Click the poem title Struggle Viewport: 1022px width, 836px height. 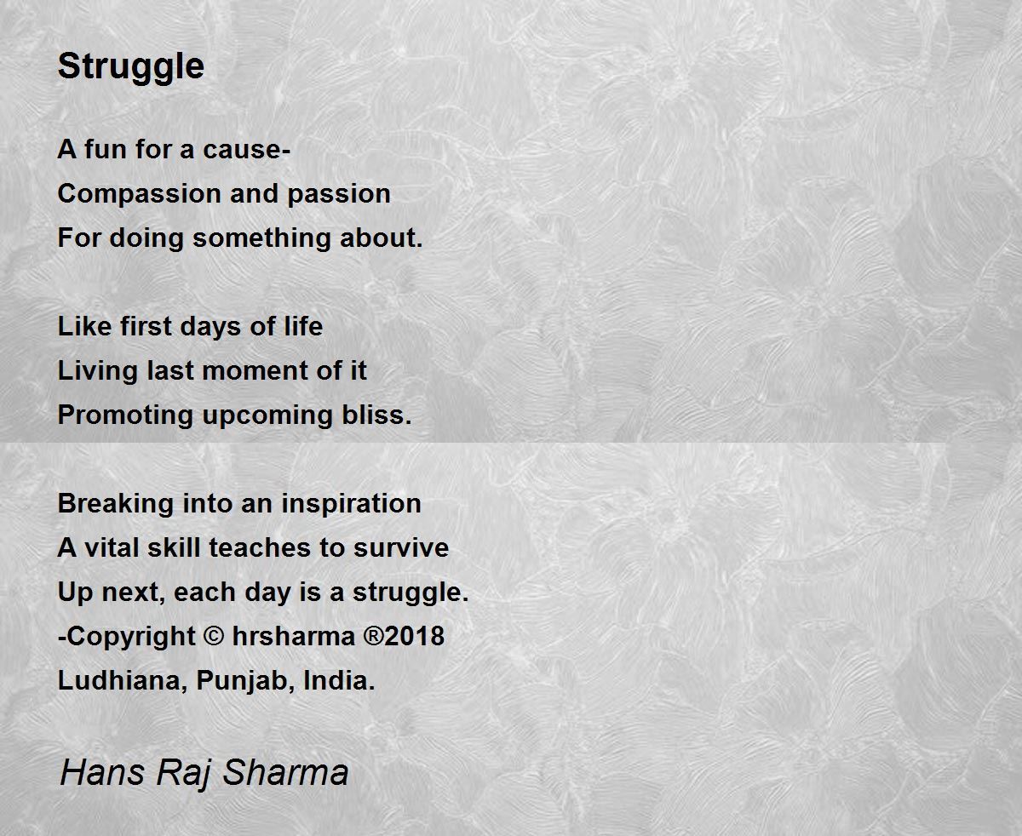click(131, 68)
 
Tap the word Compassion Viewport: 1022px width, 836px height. click(139, 195)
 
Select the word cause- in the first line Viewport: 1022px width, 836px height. click(247, 149)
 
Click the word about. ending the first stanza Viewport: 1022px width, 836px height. click(382, 238)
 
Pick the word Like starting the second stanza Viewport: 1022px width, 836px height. click(84, 326)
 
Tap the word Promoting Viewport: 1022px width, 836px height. click(125, 416)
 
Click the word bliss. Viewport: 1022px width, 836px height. click(376, 415)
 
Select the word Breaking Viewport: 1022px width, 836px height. click(115, 505)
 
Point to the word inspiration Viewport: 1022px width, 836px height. click(351, 505)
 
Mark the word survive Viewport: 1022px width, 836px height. click(401, 547)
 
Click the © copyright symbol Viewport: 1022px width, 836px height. click(214, 636)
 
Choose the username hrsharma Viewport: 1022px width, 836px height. click(294, 636)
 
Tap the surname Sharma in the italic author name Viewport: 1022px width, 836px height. click(285, 771)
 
